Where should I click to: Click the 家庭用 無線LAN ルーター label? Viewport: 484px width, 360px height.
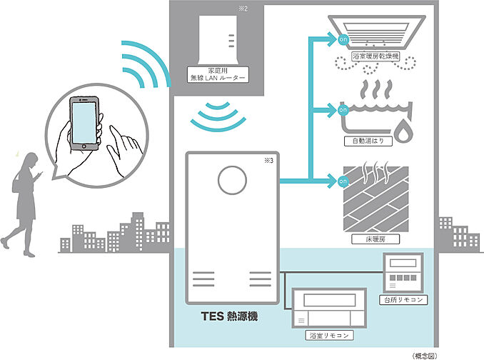coord(218,74)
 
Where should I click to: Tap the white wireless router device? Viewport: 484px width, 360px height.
coord(218,40)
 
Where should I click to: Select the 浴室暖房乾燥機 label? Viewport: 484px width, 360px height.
coord(375,56)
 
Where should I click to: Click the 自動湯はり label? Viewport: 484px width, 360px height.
coord(368,141)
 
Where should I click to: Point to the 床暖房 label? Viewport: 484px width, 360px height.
coord(375,239)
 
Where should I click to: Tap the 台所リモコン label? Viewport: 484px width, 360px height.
coord(403,300)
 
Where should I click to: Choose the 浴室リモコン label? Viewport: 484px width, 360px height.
coord(329,335)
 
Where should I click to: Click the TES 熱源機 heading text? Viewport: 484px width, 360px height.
coord(229,316)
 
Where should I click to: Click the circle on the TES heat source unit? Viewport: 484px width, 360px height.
coord(232,180)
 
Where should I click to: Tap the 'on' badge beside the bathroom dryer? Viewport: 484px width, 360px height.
coord(343,39)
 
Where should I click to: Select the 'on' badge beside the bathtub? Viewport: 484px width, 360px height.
coord(343,110)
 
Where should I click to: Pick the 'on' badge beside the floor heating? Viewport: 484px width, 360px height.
coord(343,181)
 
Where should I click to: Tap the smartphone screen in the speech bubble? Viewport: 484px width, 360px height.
coord(84,123)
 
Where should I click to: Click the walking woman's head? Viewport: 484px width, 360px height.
coord(31,159)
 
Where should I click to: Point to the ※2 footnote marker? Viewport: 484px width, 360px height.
coord(243,9)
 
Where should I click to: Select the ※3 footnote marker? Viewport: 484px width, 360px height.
coord(268,160)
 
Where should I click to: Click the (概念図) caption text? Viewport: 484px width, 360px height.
coord(425,356)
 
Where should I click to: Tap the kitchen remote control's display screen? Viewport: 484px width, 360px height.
coord(403,263)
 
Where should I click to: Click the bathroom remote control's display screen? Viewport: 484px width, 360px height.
coord(329,299)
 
